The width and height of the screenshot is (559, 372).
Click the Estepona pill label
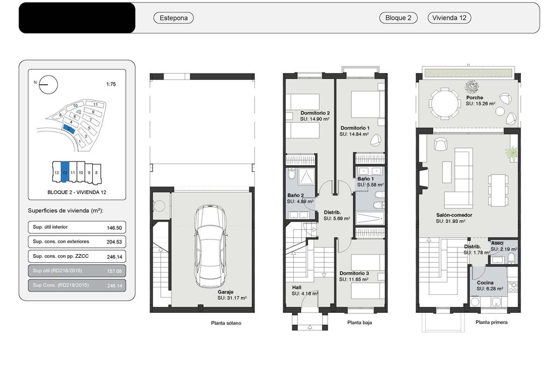173,18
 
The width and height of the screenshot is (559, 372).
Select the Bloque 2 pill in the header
398,18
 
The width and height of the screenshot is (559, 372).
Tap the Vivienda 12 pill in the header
449,18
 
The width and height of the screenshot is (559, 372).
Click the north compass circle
48,85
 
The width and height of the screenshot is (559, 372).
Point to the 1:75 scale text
111,84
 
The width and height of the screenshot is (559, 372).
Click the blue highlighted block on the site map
68,129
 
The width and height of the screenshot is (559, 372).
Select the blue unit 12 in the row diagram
65,172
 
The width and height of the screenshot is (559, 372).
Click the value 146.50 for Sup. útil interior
114,228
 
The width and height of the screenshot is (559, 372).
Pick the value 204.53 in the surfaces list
114,242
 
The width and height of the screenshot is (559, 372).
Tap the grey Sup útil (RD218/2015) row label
57,271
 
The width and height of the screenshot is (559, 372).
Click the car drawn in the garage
211,246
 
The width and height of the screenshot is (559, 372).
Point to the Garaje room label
225,292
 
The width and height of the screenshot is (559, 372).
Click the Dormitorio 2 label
315,113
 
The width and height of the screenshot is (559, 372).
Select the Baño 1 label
366,179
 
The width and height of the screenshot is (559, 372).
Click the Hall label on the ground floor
297,287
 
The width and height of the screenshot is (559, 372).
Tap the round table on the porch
445,103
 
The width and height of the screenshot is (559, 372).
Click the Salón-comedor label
454,215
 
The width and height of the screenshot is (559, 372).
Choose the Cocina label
485,283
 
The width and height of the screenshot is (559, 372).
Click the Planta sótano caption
226,323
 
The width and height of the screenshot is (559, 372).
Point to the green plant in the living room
511,153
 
